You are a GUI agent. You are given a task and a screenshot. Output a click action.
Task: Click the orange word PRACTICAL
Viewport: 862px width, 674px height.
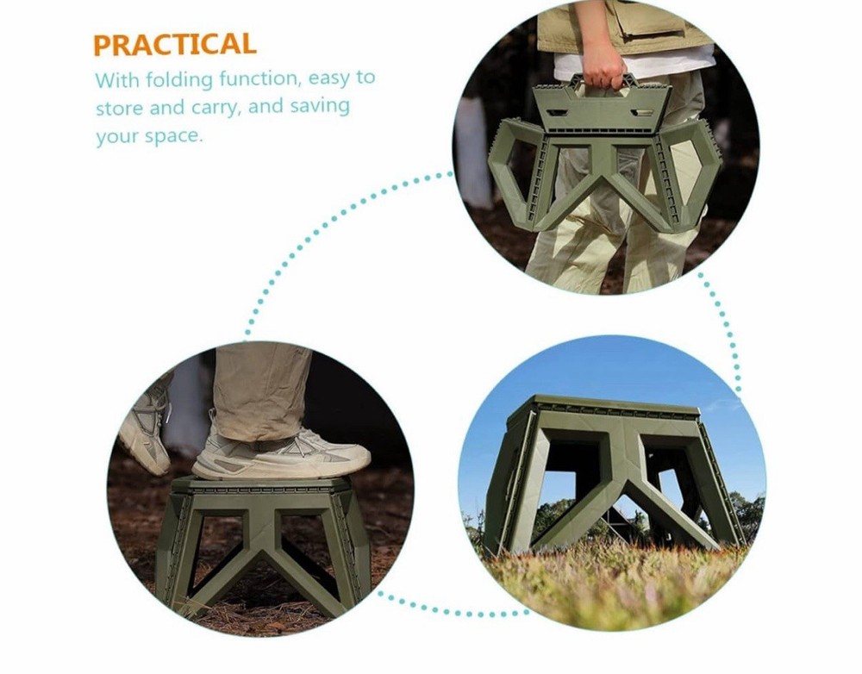[x=175, y=45]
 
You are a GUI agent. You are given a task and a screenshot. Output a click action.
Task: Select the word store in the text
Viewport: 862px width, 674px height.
[x=119, y=109]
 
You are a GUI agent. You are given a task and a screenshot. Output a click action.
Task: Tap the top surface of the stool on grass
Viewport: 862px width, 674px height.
[x=603, y=405]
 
